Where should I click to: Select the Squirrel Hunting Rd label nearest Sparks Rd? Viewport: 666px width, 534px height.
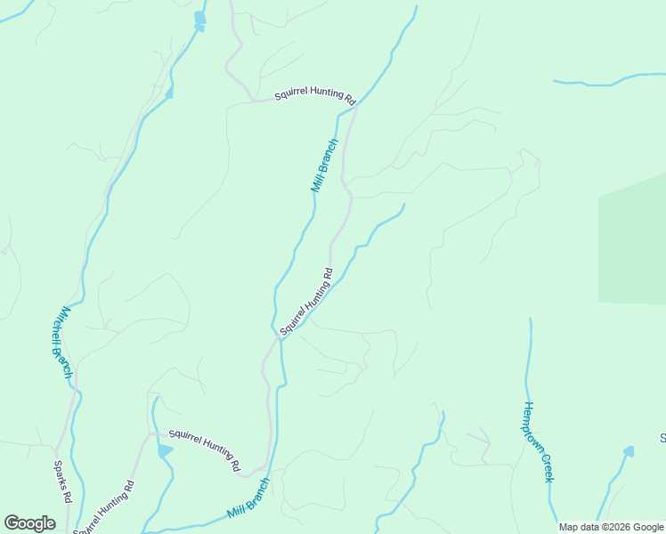(104, 508)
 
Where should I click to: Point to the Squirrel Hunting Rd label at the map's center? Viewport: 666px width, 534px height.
(305, 302)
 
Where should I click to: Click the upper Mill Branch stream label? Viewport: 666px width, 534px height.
(324, 166)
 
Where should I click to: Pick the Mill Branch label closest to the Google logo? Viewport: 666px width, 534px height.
(248, 499)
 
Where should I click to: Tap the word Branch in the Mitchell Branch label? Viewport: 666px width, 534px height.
(64, 361)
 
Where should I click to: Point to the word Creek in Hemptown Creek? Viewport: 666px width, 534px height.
(548, 469)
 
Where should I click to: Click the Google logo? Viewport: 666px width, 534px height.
(30, 523)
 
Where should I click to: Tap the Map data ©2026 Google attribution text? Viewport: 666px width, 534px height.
(611, 528)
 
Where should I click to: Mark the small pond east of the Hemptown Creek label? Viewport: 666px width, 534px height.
(629, 451)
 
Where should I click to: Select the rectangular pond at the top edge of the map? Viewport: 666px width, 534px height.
(199, 17)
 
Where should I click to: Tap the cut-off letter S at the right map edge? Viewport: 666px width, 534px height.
(662, 438)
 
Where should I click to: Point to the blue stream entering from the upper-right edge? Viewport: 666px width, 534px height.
(605, 83)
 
